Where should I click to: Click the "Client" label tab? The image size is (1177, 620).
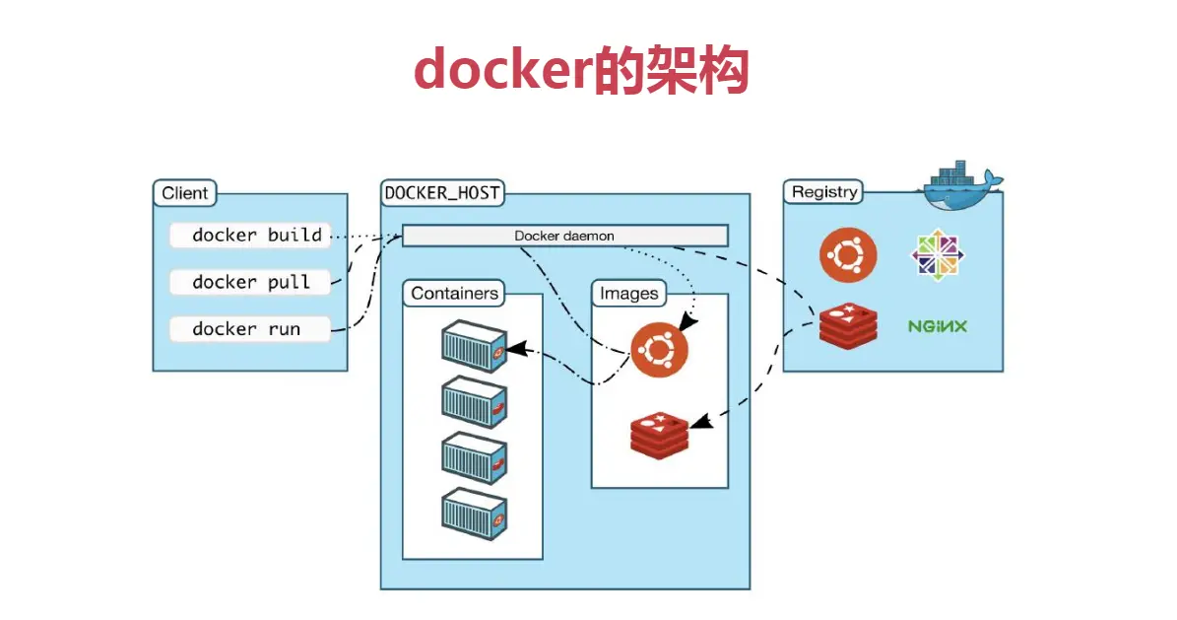pyautogui.click(x=185, y=193)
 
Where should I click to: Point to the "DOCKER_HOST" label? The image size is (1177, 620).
pyautogui.click(x=442, y=193)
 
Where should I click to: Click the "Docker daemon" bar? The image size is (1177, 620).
pyautogui.click(x=564, y=236)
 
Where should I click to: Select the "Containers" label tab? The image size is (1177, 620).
pyautogui.click(x=454, y=293)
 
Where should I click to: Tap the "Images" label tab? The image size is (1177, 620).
pyautogui.click(x=629, y=293)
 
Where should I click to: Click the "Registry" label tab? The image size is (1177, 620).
pyautogui.click(x=824, y=192)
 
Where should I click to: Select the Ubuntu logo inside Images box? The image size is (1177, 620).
pyautogui.click(x=659, y=350)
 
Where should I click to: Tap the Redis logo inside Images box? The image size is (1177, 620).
pyautogui.click(x=660, y=433)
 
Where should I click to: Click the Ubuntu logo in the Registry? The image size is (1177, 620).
pyautogui.click(x=848, y=254)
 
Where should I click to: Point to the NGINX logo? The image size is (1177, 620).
pyautogui.click(x=937, y=325)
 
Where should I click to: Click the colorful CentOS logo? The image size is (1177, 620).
pyautogui.click(x=937, y=254)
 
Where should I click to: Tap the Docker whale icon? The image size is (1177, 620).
pyautogui.click(x=961, y=184)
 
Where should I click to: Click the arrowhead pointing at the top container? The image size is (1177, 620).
pyautogui.click(x=515, y=349)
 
